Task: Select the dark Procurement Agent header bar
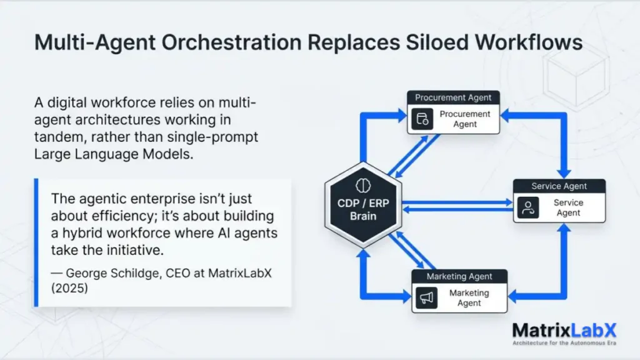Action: [x=453, y=97]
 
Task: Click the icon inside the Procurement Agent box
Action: [x=423, y=119]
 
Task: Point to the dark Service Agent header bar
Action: [x=559, y=186]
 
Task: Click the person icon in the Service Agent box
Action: [x=528, y=207]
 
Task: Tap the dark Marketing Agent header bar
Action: [x=459, y=276]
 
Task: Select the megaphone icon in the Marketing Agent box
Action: [x=427, y=298]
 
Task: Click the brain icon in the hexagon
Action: [x=363, y=185]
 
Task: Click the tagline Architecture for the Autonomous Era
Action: [x=564, y=343]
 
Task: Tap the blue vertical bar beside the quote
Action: [x=36, y=242]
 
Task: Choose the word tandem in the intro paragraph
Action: [x=56, y=137]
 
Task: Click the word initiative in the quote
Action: [x=131, y=250]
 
